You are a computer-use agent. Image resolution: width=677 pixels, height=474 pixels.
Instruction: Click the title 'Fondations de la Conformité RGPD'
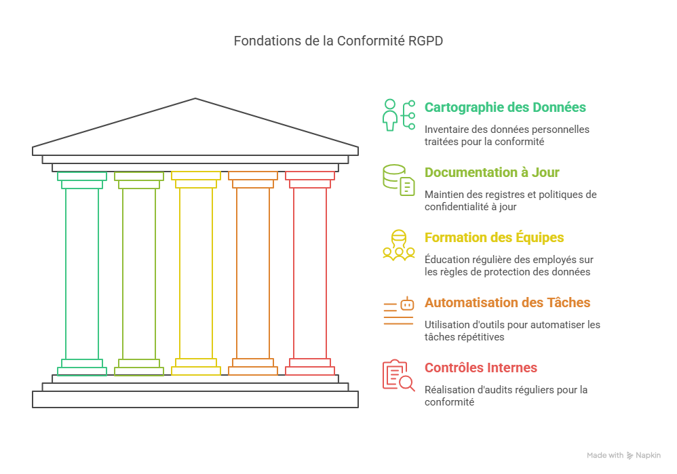coord(338,41)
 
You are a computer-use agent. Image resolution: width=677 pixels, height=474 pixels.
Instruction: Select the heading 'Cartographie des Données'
coord(505,107)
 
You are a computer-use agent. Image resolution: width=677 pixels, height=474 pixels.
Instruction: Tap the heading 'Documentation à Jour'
coord(492,172)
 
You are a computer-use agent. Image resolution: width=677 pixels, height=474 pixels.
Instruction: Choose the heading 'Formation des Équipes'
coord(494,237)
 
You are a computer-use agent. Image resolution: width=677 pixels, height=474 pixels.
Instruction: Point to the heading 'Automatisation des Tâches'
coord(507,302)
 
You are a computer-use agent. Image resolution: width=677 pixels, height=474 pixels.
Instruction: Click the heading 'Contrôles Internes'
coord(480,368)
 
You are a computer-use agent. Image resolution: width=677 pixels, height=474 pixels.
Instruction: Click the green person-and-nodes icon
coord(398,115)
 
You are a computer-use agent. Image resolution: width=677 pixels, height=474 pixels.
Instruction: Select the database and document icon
coord(398,180)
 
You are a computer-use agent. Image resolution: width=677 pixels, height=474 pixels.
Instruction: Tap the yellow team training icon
coord(398,245)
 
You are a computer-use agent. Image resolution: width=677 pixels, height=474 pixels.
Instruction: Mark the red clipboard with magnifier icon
coord(398,375)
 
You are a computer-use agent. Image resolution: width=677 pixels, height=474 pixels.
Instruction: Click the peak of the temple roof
coord(195,100)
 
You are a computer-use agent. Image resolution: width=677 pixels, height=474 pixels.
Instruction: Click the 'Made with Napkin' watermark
coord(623,456)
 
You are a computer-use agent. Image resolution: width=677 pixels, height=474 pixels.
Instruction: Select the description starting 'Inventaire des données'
coord(507,136)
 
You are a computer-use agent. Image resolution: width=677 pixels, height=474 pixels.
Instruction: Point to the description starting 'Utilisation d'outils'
coord(512,330)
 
